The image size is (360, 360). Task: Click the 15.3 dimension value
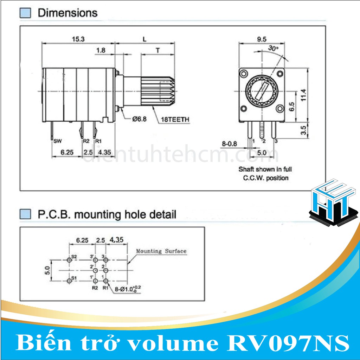[78, 39]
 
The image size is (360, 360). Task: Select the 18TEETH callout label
[175, 120]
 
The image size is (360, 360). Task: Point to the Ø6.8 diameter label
[139, 119]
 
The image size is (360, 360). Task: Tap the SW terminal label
[57, 141]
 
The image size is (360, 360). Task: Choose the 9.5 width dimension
[261, 39]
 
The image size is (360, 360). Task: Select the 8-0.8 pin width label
[230, 143]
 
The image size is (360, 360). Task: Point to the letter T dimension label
[158, 50]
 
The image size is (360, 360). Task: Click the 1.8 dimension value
[100, 50]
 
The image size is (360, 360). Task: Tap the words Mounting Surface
[161, 251]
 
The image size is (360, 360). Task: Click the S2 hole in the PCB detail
[69, 260]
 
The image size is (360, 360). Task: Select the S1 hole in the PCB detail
[69, 281]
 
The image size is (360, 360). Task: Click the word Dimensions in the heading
[67, 13]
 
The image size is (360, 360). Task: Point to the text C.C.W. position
[265, 178]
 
